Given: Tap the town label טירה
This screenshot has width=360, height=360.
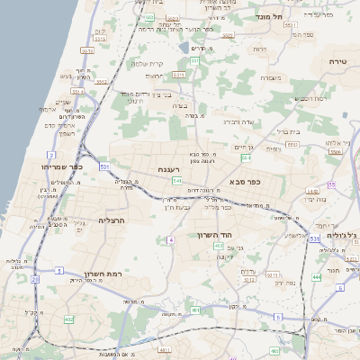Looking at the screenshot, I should [x=337, y=60].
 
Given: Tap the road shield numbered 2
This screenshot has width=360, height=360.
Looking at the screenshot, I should [x=63, y=181].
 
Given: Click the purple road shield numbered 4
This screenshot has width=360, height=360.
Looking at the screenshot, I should [x=170, y=240].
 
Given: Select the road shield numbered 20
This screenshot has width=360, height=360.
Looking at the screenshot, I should [x=35, y=279].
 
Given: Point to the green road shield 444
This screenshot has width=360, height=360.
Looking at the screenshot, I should [x=316, y=278].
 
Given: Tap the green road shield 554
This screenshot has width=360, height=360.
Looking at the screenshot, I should [x=246, y=158].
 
